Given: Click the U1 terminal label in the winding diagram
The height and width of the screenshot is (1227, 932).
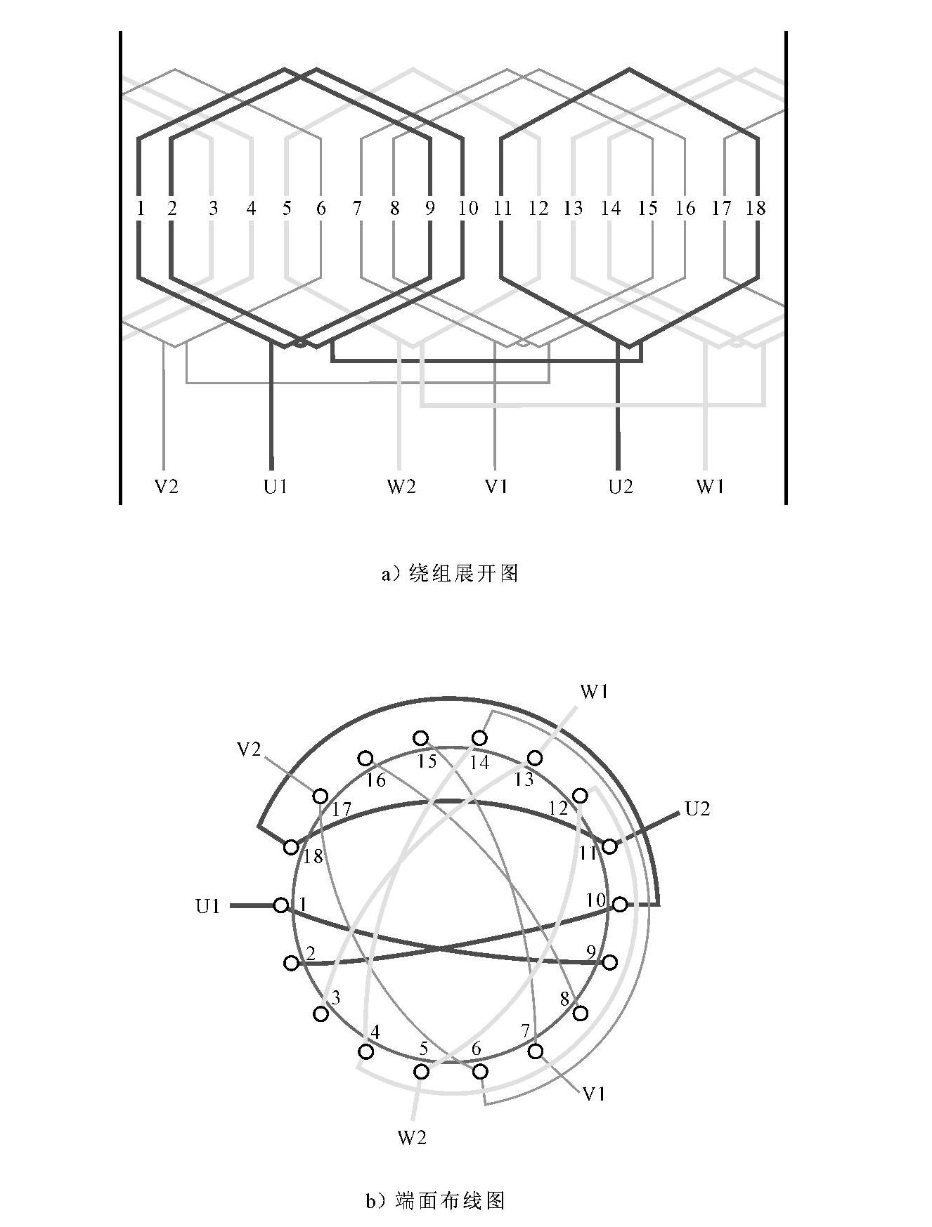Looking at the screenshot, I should [x=276, y=486].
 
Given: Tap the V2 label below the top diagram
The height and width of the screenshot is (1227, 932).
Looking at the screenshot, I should [x=167, y=486].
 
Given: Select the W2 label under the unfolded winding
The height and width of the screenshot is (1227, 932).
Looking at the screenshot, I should [x=401, y=486].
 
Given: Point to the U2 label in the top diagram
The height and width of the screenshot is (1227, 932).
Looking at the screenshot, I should [x=621, y=486].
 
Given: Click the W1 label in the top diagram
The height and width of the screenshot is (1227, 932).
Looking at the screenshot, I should [x=710, y=486].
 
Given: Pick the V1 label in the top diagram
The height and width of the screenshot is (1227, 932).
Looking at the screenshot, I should [x=496, y=486].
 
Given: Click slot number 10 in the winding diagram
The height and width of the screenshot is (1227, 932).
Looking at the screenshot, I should [x=467, y=208].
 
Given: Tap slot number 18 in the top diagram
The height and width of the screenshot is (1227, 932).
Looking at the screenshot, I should [x=756, y=208].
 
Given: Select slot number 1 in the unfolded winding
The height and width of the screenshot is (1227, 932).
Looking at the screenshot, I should [x=141, y=208].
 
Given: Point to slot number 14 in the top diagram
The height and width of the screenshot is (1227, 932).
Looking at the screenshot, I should [x=611, y=208].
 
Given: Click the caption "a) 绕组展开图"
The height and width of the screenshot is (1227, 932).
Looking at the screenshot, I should [x=450, y=574].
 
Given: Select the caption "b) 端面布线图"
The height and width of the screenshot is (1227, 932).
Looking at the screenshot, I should [x=435, y=1200].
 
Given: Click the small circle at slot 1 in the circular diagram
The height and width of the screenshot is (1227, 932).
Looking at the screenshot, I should [x=281, y=905].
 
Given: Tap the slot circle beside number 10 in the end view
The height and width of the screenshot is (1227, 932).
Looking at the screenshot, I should [x=619, y=905].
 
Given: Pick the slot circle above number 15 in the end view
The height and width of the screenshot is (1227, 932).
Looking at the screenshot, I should [x=421, y=738].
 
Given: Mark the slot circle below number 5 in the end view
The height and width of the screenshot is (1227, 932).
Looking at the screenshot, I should [x=422, y=1072].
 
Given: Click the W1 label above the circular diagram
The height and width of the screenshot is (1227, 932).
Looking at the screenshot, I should [x=595, y=692].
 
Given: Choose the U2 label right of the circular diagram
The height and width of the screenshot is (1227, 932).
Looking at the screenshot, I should [x=697, y=809].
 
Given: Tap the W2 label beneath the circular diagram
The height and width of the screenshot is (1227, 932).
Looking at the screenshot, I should [x=412, y=1137].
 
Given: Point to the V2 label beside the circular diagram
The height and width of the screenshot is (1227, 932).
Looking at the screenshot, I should [x=250, y=750].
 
